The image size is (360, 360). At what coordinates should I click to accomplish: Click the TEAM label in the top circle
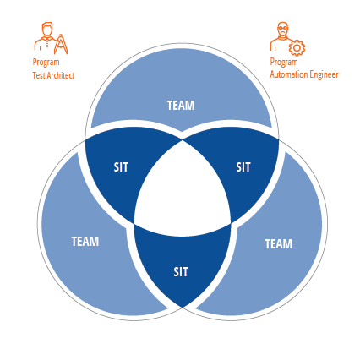(181, 106)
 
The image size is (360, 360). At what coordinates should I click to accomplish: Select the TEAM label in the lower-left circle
(85, 242)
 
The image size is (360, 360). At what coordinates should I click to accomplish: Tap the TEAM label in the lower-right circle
(279, 243)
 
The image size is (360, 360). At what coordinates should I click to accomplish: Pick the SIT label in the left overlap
(121, 167)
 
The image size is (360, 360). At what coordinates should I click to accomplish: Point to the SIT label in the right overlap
(243, 167)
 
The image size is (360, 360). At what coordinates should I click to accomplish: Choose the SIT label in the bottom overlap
(181, 272)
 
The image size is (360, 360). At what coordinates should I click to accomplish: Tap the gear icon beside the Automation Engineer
(297, 48)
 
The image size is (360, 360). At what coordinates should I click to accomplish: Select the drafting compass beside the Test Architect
(61, 44)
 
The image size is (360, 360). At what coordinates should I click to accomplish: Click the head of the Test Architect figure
(47, 30)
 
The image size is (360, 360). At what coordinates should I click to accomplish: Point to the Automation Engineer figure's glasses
(282, 28)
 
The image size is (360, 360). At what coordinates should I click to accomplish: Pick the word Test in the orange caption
(39, 75)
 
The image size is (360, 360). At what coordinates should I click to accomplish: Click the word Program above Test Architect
(46, 63)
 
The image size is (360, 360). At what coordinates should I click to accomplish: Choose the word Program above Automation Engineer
(284, 62)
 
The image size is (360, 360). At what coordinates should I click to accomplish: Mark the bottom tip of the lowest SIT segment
(183, 308)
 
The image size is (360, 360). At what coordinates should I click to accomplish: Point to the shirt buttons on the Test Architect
(47, 43)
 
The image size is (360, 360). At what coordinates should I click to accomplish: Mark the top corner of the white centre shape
(183, 140)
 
